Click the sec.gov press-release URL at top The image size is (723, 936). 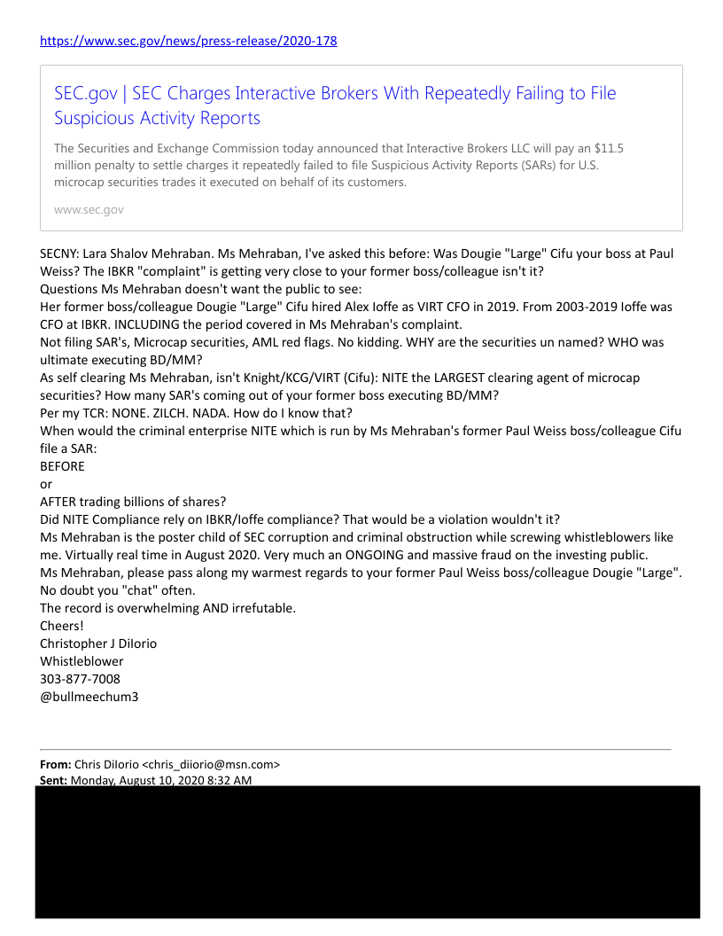point(189,41)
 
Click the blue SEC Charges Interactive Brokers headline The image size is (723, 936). point(335,105)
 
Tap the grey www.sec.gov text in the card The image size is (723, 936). point(89,210)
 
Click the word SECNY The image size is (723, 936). point(59,253)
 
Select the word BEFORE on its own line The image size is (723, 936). point(63,466)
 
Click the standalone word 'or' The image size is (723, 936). point(46,484)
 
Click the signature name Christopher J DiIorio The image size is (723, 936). point(98,643)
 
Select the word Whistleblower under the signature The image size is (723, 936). point(82,661)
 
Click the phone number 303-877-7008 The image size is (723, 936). point(80,679)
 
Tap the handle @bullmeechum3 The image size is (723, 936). point(89,697)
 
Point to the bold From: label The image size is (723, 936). point(55,764)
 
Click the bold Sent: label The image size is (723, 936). point(53,780)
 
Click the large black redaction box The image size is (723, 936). point(367,851)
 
